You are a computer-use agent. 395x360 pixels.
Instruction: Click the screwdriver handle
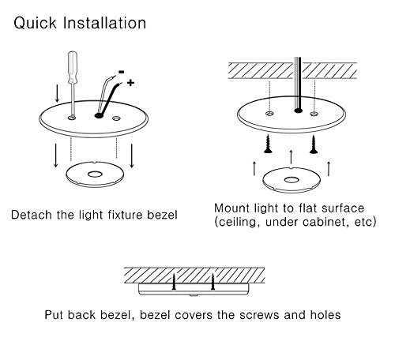[x=73, y=68]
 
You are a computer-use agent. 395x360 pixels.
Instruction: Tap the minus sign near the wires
[x=122, y=72]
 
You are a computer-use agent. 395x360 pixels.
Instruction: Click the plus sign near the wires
[x=130, y=83]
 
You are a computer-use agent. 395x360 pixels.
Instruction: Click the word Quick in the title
[x=35, y=23]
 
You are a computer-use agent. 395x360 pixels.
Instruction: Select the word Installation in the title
[x=104, y=23]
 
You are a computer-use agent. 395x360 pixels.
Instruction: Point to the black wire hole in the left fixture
[x=99, y=115]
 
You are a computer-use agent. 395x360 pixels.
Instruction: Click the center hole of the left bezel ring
[x=95, y=174]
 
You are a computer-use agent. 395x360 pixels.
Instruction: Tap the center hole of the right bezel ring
[x=292, y=180]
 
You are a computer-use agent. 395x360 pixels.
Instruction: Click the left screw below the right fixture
[x=269, y=144]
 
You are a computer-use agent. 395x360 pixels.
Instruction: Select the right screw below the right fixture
[x=314, y=144]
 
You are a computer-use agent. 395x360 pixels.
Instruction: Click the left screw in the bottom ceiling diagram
[x=174, y=282]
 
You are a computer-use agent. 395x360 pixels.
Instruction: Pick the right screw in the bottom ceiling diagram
[x=213, y=282]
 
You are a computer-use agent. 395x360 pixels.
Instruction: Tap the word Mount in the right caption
[x=232, y=208]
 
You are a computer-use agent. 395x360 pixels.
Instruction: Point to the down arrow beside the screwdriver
[x=57, y=93]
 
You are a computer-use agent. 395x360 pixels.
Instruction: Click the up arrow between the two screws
[x=291, y=157]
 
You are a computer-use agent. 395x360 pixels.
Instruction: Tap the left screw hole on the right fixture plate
[x=269, y=114]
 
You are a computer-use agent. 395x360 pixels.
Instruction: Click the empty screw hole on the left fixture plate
[x=116, y=118]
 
